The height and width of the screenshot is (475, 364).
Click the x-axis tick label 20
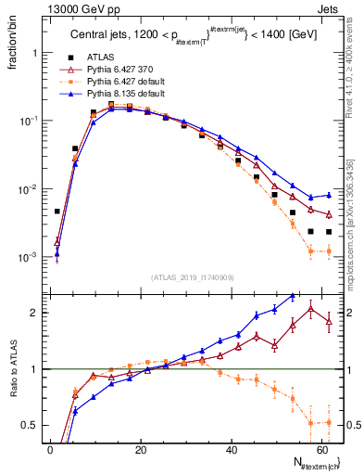141,449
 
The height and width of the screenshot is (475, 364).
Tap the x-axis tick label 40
232,449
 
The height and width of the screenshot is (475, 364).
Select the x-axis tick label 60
321,449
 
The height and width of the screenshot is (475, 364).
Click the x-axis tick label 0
50,449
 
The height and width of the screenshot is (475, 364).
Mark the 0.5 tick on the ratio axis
33,425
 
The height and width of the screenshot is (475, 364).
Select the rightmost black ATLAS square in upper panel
329,232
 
